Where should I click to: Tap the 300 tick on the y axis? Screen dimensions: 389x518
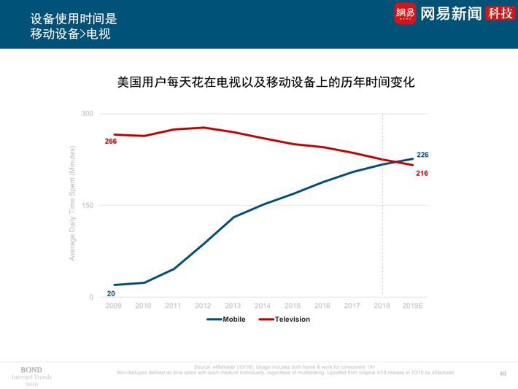[88, 114]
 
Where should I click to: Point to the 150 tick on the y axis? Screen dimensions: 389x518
[88, 206]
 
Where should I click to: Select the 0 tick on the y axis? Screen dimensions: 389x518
[91, 298]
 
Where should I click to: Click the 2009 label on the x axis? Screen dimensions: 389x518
[113, 306]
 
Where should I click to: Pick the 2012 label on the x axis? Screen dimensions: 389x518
[203, 306]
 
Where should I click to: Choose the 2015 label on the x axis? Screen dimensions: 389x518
[293, 306]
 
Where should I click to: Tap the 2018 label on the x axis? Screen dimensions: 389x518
[382, 306]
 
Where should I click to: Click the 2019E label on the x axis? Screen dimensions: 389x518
[414, 306]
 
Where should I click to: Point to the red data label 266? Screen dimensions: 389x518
[110, 141]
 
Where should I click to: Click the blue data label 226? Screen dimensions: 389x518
[422, 155]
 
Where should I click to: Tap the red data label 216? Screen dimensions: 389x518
[422, 173]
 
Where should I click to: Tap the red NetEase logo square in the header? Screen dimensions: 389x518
[405, 14]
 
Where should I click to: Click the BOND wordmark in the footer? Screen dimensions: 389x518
[31, 369]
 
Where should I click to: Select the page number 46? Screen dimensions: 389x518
[502, 373]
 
